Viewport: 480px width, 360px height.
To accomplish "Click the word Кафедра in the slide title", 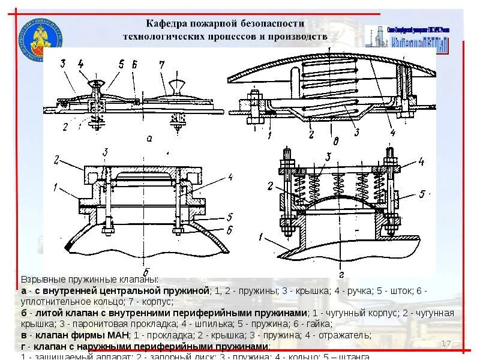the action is click(170, 23).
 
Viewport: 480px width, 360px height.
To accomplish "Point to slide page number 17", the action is click(445, 343).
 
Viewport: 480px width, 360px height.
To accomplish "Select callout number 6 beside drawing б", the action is click(228, 230).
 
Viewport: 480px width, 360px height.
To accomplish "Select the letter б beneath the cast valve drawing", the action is click(146, 270).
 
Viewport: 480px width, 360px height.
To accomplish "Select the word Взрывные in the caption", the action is click(41, 280).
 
